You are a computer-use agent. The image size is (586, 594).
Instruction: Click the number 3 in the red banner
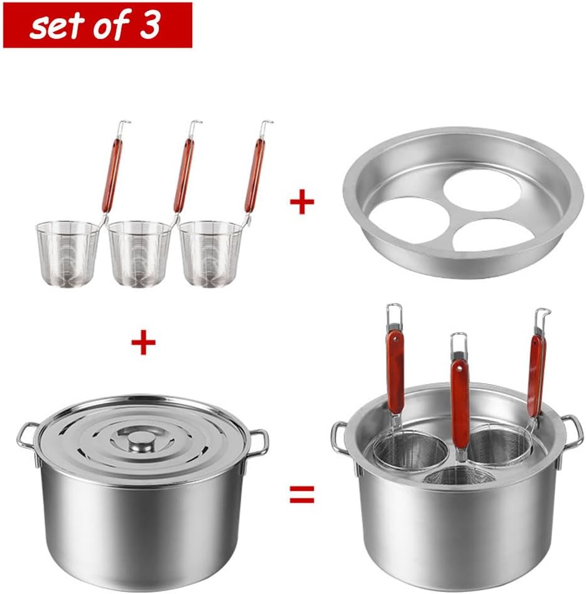pyautogui.click(x=151, y=25)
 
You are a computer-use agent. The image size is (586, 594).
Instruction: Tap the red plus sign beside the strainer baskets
pyautogui.click(x=301, y=204)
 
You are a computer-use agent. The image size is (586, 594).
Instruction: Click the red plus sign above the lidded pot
pyautogui.click(x=143, y=343)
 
